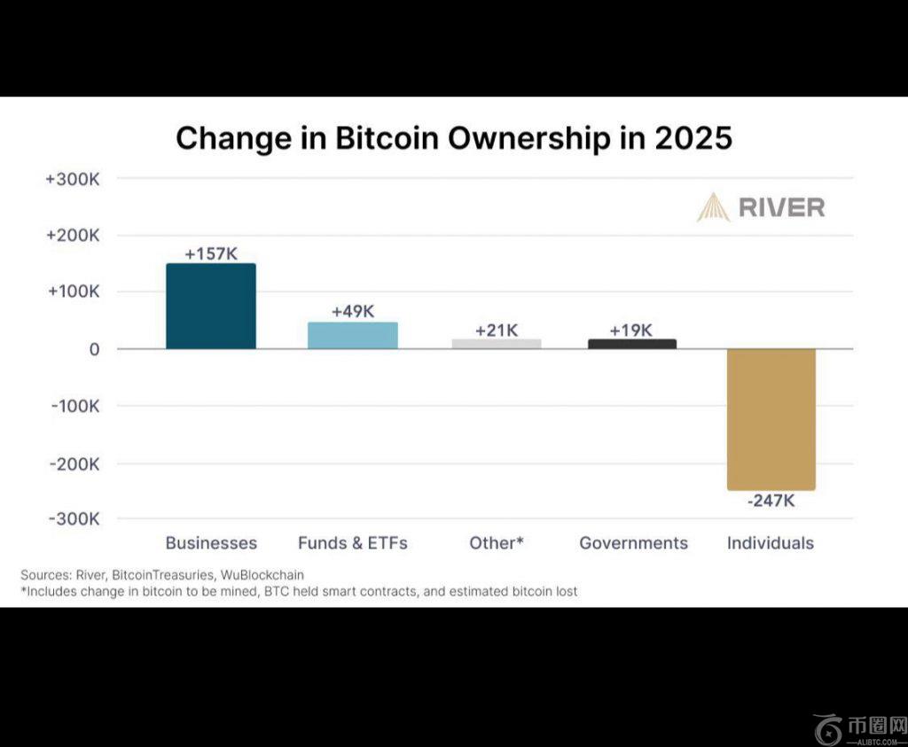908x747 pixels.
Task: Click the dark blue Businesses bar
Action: [211, 306]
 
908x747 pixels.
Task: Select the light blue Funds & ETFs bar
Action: [353, 335]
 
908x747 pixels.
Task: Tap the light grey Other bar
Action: [497, 344]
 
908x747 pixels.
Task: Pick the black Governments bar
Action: [632, 344]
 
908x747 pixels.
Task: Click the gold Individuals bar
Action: [771, 418]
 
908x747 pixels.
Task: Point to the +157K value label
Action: [211, 253]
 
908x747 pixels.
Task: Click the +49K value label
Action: [353, 312]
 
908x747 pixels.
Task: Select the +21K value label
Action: [497, 331]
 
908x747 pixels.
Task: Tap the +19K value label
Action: [631, 331]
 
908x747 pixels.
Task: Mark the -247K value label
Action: [771, 501]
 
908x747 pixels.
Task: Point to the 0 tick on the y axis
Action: [94, 349]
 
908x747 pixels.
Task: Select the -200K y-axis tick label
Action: [73, 463]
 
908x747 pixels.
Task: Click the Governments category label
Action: [633, 543]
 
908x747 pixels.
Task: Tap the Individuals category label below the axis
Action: [771, 543]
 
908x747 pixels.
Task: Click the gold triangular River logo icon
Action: [713, 207]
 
